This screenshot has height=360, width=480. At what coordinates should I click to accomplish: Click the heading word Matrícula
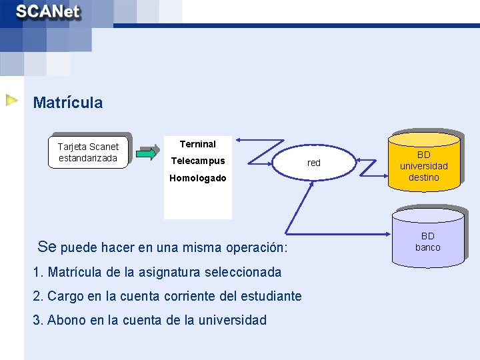click(x=68, y=103)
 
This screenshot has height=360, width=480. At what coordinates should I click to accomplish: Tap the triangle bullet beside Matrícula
click(x=12, y=101)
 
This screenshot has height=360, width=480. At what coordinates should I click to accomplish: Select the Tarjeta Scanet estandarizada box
click(x=88, y=152)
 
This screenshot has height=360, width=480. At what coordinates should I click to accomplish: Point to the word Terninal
click(x=198, y=144)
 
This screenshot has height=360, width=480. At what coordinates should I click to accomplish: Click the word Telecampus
click(x=198, y=161)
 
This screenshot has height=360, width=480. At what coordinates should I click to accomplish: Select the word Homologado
click(x=198, y=178)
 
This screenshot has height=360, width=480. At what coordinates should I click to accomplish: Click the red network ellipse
click(x=313, y=163)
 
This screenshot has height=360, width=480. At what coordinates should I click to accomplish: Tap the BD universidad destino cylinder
click(x=424, y=160)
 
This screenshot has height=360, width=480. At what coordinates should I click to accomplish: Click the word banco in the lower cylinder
click(x=428, y=247)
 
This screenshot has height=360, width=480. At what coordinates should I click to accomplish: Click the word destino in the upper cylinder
click(x=424, y=177)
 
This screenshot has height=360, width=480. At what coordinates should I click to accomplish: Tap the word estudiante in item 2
click(x=271, y=296)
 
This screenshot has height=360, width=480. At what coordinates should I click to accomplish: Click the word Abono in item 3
click(x=65, y=320)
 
